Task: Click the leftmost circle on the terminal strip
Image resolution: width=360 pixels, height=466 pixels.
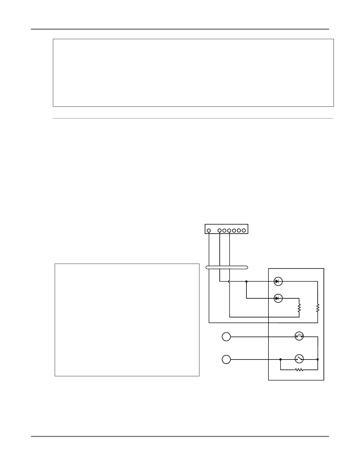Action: (x=209, y=230)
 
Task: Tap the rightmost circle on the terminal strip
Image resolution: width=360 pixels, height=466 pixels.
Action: (x=244, y=230)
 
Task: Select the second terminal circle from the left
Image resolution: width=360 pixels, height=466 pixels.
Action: (x=220, y=230)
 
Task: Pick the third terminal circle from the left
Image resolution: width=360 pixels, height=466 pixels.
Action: (x=224, y=230)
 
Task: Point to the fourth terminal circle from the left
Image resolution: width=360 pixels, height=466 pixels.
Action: (x=229, y=230)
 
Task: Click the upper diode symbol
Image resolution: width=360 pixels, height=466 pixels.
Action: (x=278, y=282)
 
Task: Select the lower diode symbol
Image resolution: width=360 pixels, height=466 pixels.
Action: (x=278, y=298)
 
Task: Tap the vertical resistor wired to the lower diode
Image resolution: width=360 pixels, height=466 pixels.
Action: (x=299, y=308)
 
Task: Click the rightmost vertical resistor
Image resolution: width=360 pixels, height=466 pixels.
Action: (x=318, y=308)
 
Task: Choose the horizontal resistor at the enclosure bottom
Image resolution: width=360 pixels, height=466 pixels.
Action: (x=299, y=370)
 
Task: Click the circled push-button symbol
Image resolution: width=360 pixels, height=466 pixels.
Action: (x=299, y=336)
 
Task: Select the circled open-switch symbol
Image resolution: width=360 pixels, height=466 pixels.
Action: (x=299, y=359)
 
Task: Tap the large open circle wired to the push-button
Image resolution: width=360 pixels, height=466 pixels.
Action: (x=226, y=337)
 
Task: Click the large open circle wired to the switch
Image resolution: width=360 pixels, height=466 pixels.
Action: (x=226, y=360)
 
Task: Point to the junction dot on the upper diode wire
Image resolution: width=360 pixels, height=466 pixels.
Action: (x=246, y=282)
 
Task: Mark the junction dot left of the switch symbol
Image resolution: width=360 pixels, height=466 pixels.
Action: (x=281, y=359)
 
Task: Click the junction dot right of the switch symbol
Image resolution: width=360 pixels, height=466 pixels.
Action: (x=318, y=359)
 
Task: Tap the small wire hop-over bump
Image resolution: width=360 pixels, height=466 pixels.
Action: (x=229, y=282)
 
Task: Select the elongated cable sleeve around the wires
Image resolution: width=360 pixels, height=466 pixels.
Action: (x=226, y=267)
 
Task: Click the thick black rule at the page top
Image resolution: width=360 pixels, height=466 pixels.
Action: (x=180, y=29)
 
